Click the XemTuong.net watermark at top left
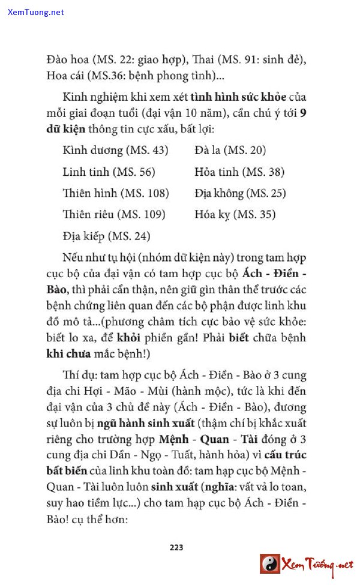tap(36, 12)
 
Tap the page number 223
tap(176, 547)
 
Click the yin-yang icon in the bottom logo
tap(270, 564)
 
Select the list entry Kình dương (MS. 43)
tap(115, 150)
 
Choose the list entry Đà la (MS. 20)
tap(230, 150)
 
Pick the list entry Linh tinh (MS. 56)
tap(109, 172)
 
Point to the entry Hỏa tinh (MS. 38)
tap(239, 172)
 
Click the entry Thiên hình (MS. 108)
tap(116, 193)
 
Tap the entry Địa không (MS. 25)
tap(240, 193)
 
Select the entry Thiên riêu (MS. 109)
tap(114, 214)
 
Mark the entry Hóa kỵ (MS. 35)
tap(235, 214)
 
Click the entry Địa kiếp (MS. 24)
tap(106, 236)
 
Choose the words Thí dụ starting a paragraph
tap(78, 376)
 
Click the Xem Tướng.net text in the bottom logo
tap(318, 565)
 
